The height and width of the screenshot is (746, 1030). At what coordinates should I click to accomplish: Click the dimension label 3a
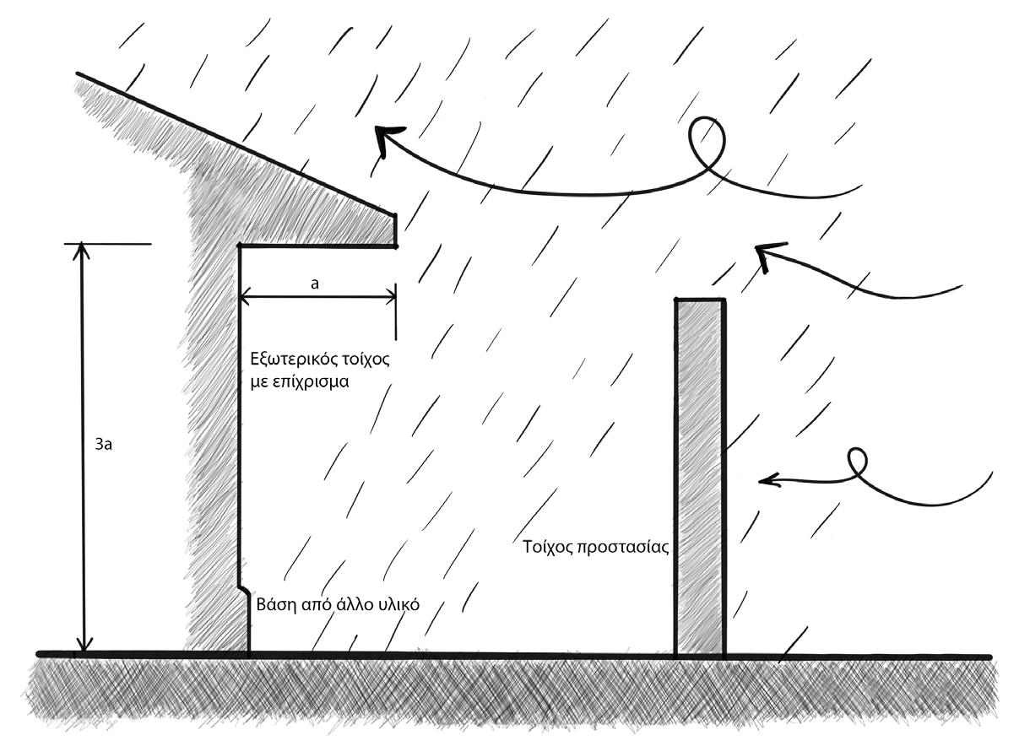pyautogui.click(x=105, y=444)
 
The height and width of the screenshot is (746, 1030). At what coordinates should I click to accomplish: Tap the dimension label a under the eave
pyautogui.click(x=314, y=284)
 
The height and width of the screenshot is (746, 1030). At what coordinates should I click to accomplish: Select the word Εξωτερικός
pyautogui.click(x=285, y=358)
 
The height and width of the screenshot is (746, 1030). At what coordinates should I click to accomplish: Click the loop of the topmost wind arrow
pyautogui.click(x=708, y=141)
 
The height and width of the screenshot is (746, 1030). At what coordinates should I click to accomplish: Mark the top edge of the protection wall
pyautogui.click(x=699, y=300)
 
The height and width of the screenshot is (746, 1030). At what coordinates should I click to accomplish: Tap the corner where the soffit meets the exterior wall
pyautogui.click(x=240, y=246)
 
